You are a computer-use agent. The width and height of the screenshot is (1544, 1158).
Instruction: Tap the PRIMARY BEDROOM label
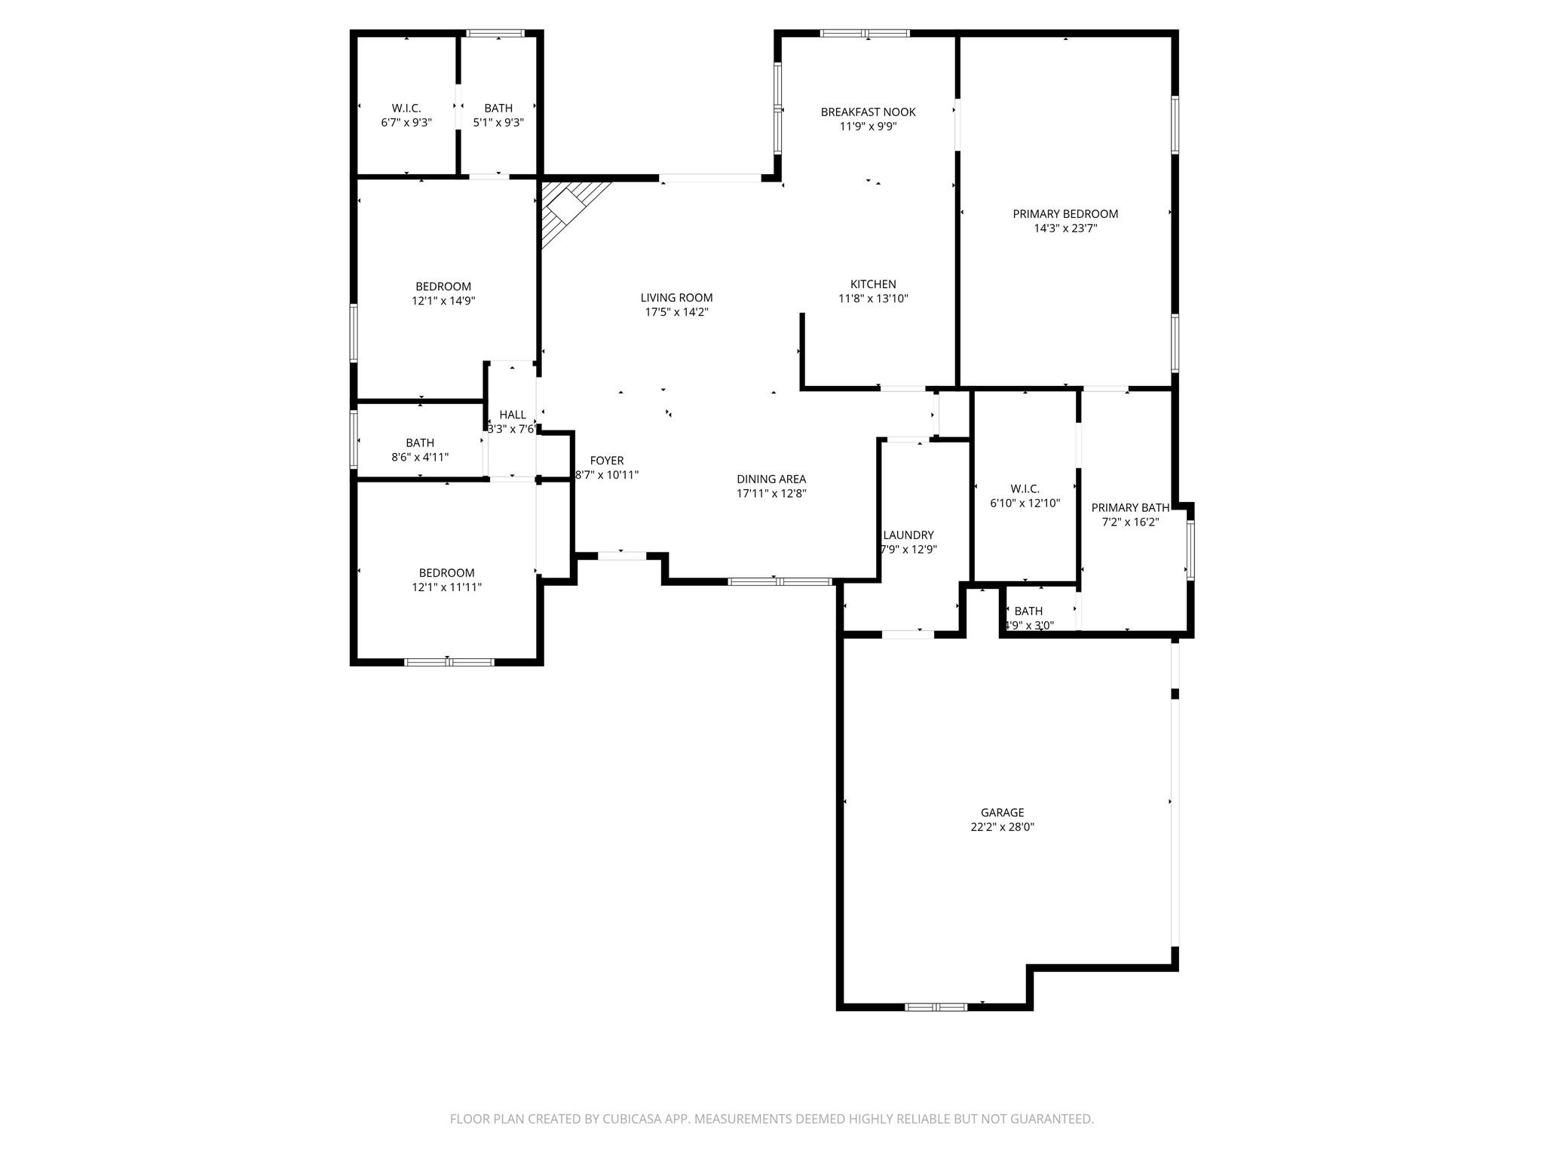pyautogui.click(x=1065, y=214)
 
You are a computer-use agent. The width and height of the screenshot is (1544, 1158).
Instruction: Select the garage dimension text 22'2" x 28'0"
pyautogui.click(x=1002, y=827)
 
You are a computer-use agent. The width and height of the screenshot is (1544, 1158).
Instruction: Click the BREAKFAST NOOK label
pyautogui.click(x=868, y=112)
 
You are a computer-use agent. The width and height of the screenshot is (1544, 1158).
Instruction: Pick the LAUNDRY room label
pyautogui.click(x=908, y=535)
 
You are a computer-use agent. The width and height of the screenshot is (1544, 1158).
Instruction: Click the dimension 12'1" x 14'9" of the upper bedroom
pyautogui.click(x=443, y=301)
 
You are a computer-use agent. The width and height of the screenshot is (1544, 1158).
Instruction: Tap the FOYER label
pyautogui.click(x=606, y=461)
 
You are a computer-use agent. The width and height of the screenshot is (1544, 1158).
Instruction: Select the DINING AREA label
pyautogui.click(x=770, y=479)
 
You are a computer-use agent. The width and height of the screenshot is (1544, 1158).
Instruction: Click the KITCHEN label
pyautogui.click(x=872, y=284)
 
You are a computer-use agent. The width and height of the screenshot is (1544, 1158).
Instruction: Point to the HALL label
pyautogui.click(x=512, y=415)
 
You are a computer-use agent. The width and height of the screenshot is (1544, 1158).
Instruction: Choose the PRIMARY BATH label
pyautogui.click(x=1129, y=508)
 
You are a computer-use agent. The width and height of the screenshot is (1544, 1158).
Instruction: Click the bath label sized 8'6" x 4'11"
pyautogui.click(x=420, y=443)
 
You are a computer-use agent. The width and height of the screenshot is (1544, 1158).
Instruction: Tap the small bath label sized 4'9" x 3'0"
pyautogui.click(x=1028, y=611)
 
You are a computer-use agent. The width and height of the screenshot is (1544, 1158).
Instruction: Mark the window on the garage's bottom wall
pyautogui.click(x=935, y=1006)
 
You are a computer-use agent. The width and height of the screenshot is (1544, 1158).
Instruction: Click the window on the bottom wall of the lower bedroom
pyautogui.click(x=449, y=662)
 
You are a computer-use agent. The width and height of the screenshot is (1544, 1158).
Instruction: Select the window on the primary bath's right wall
pyautogui.click(x=1190, y=550)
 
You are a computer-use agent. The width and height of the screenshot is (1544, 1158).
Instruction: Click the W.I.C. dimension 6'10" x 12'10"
pyautogui.click(x=1025, y=503)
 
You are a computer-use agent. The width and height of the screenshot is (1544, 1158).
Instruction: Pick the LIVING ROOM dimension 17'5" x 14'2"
pyautogui.click(x=676, y=312)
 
